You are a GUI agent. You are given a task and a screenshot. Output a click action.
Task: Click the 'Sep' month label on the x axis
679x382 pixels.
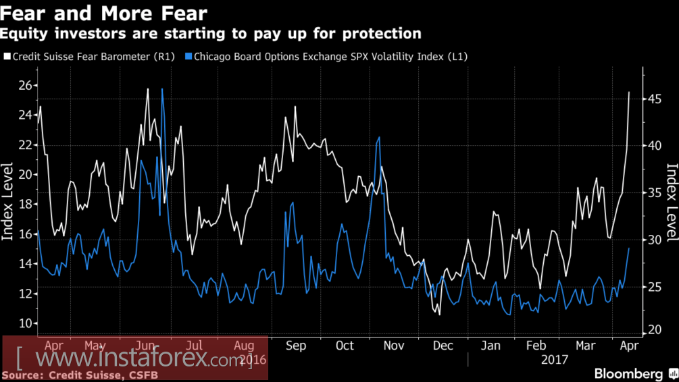[x=296, y=346]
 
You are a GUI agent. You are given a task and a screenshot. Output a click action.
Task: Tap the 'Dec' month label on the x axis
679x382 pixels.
[x=443, y=346]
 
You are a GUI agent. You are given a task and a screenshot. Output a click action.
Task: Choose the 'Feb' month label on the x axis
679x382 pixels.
[x=536, y=346]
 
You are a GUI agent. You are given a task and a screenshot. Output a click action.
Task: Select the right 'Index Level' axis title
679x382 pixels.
[x=672, y=202]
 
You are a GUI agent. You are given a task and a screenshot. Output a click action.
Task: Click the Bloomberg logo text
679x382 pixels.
[x=628, y=373]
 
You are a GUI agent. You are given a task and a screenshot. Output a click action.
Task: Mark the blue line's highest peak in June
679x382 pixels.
[x=162, y=89]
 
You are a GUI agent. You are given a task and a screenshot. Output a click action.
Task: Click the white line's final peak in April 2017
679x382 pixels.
[x=629, y=92]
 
